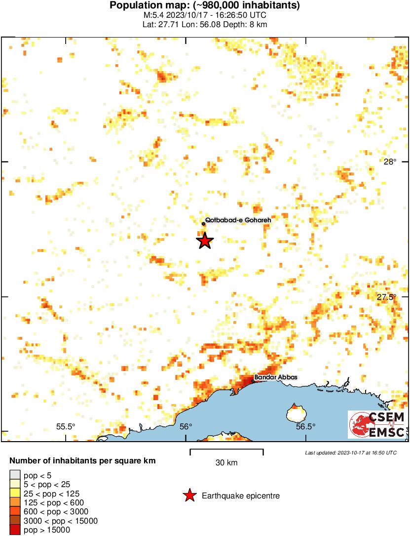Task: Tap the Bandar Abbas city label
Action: [x=276, y=378]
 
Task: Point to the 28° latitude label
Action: [x=390, y=162]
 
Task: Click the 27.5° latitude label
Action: [x=387, y=297]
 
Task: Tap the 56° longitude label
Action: [x=186, y=427]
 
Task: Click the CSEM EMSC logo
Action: [x=377, y=425]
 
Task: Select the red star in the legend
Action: [x=189, y=495]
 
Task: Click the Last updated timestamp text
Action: [x=351, y=453]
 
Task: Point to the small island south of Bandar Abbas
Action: [x=295, y=412]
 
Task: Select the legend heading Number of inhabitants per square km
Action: [x=82, y=461]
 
